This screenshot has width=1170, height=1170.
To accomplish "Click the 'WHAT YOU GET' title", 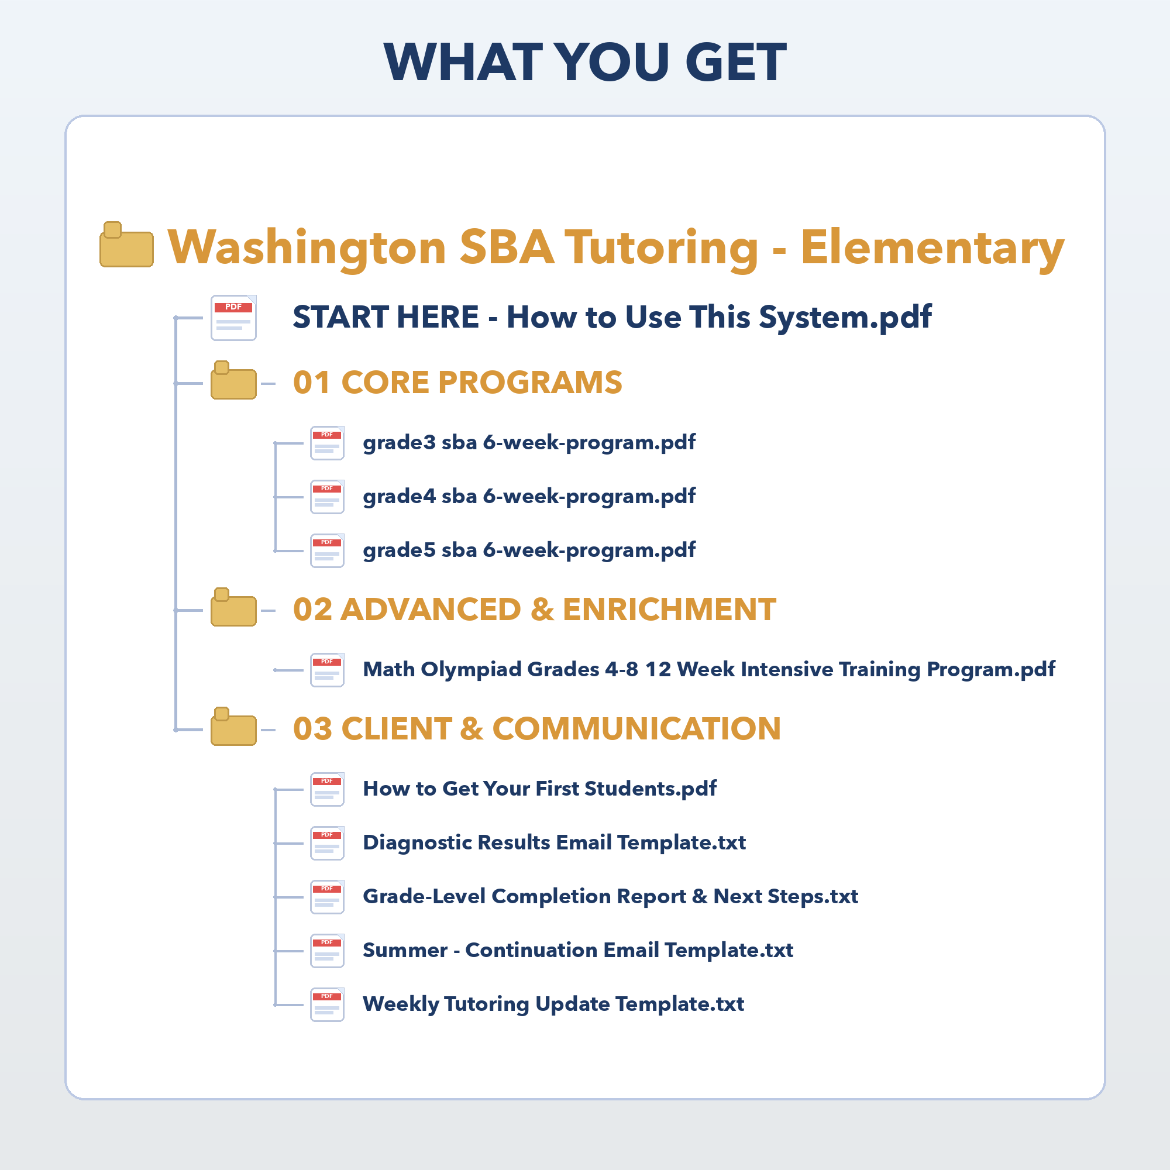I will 585,62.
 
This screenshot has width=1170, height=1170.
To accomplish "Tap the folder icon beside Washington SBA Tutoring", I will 126,245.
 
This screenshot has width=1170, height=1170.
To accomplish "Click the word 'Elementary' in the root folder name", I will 932,247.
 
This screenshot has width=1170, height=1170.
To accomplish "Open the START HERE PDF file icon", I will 233,317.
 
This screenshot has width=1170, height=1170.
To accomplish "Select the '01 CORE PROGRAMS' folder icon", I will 233,381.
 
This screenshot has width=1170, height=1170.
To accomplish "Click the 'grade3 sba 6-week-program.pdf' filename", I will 529,443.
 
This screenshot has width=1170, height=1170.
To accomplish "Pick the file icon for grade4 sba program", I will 327,497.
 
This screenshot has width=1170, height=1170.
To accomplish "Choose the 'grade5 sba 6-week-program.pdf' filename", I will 529,550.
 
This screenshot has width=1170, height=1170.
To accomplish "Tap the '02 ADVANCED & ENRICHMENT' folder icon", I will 233,608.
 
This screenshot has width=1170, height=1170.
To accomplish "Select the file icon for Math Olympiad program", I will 327,670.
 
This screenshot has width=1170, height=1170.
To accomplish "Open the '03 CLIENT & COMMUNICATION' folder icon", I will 233,727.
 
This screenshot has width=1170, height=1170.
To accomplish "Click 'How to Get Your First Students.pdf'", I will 539,789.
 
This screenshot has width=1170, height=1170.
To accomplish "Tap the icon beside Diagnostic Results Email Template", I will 327,843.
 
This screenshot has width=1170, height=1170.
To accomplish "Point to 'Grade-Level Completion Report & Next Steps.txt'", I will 610,896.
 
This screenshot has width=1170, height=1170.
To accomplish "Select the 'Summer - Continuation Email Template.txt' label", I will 577,950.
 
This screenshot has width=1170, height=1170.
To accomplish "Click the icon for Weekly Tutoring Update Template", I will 327,1004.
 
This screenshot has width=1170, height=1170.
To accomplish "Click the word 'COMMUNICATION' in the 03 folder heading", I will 636,728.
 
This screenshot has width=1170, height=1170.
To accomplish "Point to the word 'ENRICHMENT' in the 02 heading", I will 669,609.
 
